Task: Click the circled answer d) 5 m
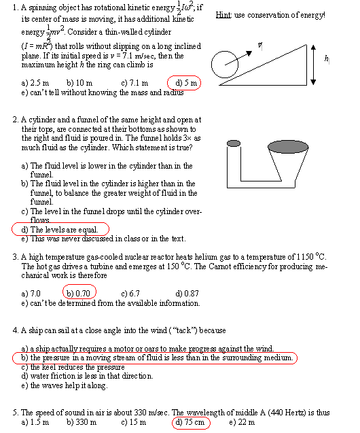click(x=185, y=83)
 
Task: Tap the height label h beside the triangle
click(x=327, y=60)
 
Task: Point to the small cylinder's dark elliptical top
click(x=234, y=143)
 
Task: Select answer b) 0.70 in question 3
click(x=79, y=293)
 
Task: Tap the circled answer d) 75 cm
click(x=190, y=422)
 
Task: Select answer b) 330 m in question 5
click(x=82, y=422)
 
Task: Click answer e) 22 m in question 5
click(x=242, y=422)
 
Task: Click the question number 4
click(x=15, y=330)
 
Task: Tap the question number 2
click(x=15, y=120)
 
